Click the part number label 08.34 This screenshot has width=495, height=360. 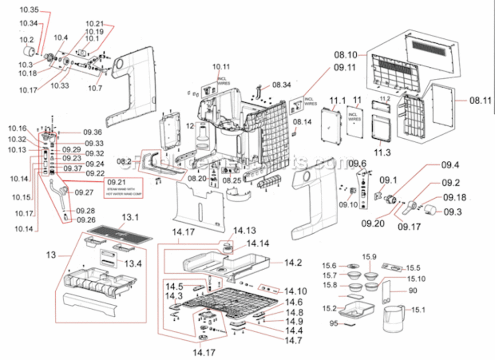coord(281,85)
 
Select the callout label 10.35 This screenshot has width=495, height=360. coord(29,10)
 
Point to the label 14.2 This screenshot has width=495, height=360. coord(293,263)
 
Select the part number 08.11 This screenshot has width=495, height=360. coord(481,100)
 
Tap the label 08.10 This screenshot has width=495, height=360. coord(346,55)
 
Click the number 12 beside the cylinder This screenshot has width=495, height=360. coord(190,126)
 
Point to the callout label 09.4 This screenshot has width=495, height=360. coord(450,165)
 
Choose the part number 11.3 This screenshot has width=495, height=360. coord(380,152)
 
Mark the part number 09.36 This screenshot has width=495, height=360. coord(92,132)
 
